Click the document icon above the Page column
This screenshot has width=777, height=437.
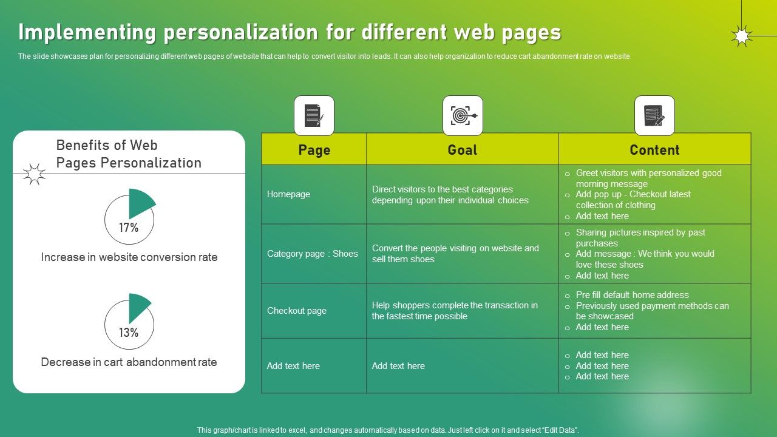(x=314, y=115)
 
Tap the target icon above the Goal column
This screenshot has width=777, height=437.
(x=463, y=115)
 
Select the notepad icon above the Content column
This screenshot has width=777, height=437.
(x=654, y=115)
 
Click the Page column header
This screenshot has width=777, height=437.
(x=314, y=150)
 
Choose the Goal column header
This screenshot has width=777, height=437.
(x=462, y=150)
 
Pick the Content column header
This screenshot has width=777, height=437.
(x=654, y=150)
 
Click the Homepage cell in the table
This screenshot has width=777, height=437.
(x=289, y=194)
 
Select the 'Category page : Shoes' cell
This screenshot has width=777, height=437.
(x=313, y=254)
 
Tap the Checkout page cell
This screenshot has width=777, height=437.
(x=297, y=311)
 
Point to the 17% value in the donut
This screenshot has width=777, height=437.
(x=129, y=228)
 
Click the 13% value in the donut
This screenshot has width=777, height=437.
(x=129, y=333)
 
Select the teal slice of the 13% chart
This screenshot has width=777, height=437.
(x=138, y=305)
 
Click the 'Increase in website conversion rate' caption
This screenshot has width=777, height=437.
(x=129, y=257)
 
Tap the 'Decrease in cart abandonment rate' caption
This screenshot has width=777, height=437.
(x=129, y=362)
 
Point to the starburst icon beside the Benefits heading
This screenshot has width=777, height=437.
(x=34, y=174)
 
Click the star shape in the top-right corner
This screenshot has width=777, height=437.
(x=741, y=36)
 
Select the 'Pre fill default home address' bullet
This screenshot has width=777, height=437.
(x=632, y=295)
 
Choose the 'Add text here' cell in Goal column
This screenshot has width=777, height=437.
(x=398, y=366)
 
